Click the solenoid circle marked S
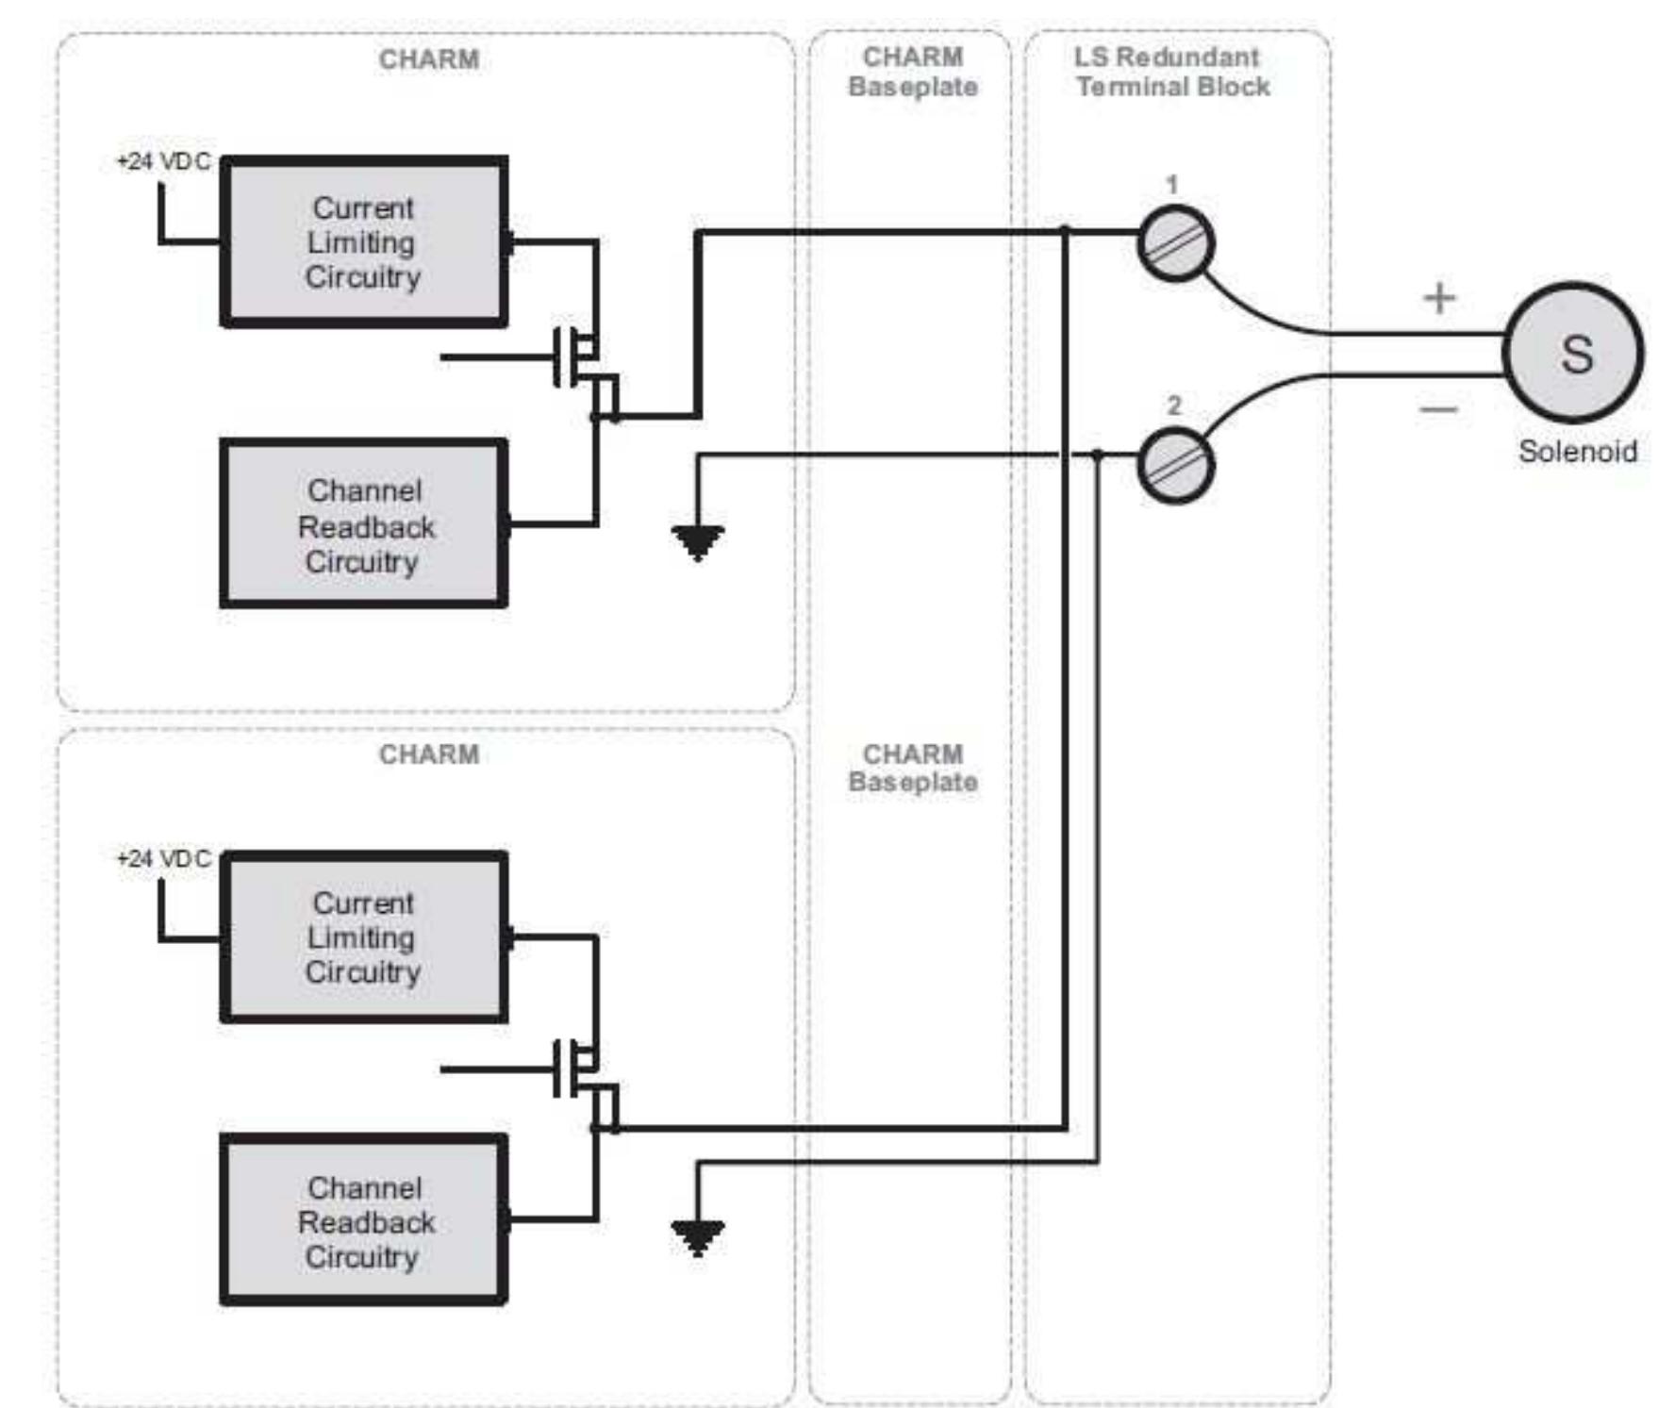click(1573, 354)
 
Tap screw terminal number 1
click(1175, 244)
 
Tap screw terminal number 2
click(1175, 465)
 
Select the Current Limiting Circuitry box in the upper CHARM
click(364, 242)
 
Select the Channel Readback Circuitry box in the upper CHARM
click(364, 524)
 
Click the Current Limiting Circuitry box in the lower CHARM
click(364, 937)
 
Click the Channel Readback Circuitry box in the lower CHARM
click(364, 1220)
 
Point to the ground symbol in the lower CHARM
click(698, 1236)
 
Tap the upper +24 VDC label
click(163, 161)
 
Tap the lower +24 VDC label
click(163, 858)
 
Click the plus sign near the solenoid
click(1439, 298)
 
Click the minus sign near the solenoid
click(1439, 408)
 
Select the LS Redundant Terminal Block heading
click(1170, 72)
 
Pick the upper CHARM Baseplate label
click(913, 72)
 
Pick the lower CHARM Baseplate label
click(913, 768)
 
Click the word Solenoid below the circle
click(1577, 451)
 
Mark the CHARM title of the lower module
click(429, 754)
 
